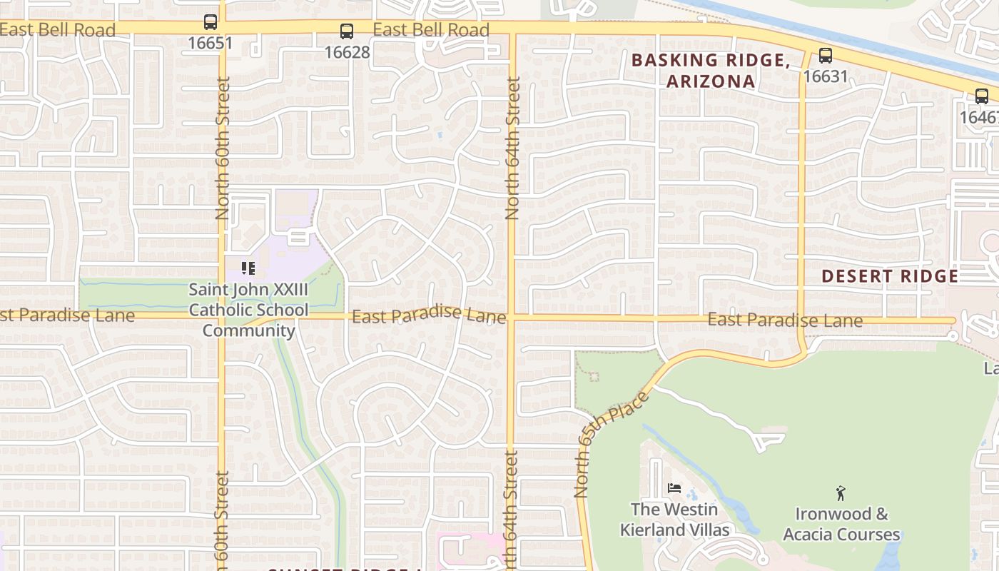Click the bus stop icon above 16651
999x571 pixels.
(x=211, y=22)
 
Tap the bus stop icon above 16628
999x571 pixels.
(x=347, y=31)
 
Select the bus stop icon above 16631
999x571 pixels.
(x=826, y=55)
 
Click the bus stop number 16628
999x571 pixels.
(x=347, y=52)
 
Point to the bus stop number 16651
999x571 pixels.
(x=211, y=43)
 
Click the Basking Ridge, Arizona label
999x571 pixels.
(x=711, y=71)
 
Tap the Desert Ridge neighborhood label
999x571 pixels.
(x=890, y=276)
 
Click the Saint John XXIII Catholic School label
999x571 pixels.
(x=248, y=310)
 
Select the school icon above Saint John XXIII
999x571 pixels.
(x=248, y=268)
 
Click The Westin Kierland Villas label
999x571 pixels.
(x=674, y=520)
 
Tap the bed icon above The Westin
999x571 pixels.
(x=674, y=489)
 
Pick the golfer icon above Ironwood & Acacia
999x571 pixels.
(x=841, y=492)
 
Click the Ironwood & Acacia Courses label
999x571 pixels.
(x=841, y=524)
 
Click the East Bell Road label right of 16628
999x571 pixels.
(x=431, y=30)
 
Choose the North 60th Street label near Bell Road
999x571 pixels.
(x=223, y=148)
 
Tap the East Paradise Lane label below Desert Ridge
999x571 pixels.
(x=785, y=320)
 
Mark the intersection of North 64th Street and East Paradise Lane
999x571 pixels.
(x=511, y=317)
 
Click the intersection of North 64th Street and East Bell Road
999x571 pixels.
(x=512, y=29)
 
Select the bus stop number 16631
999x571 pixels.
(x=826, y=76)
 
